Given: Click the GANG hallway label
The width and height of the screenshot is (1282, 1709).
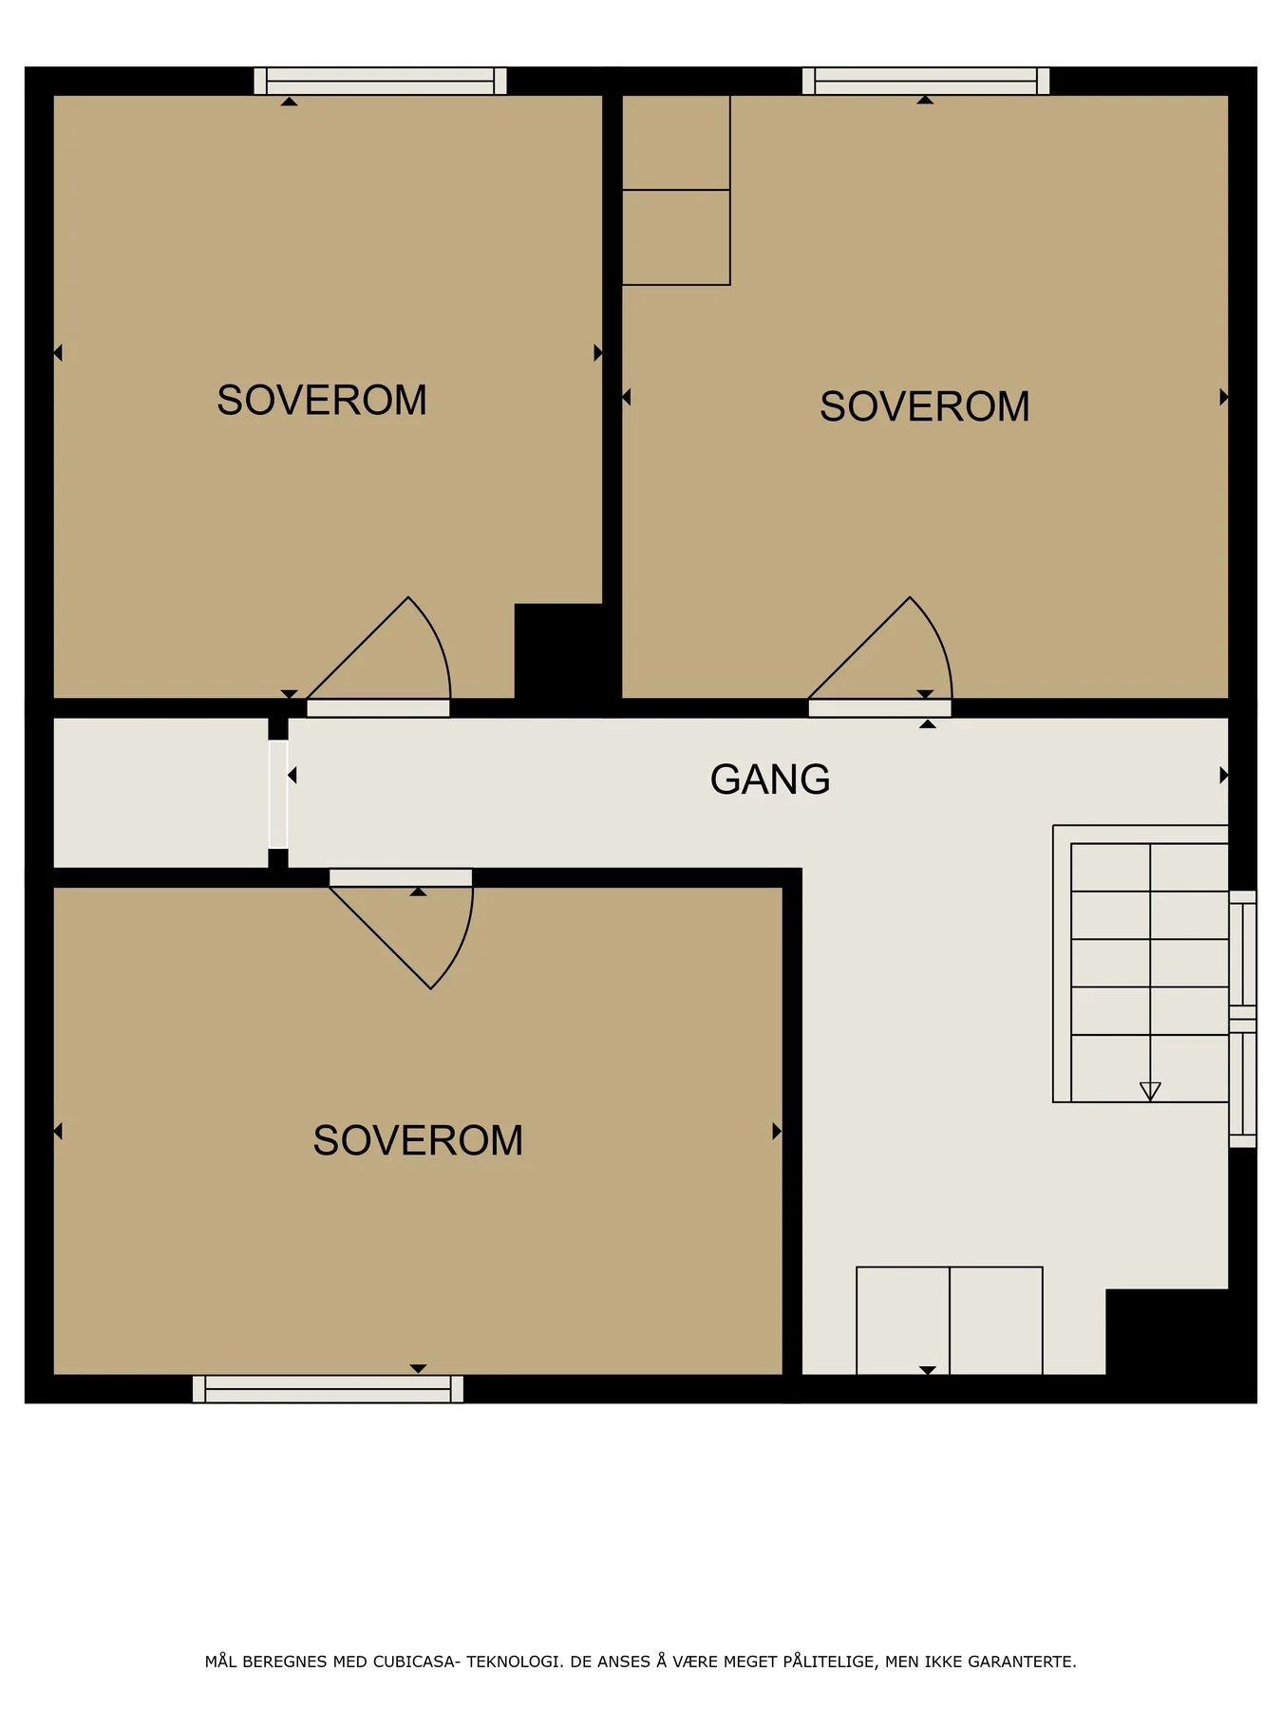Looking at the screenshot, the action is point(770,779).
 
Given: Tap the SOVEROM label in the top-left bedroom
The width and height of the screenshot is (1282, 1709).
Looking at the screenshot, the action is point(322,400).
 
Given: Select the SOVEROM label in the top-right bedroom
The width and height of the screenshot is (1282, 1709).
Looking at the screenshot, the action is point(925,406).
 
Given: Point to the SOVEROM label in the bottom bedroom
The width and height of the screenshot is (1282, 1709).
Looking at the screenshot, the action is point(418,1140).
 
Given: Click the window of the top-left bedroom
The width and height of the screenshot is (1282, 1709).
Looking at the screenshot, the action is point(380,81).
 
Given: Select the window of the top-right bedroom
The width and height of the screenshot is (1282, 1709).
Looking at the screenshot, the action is point(926,81).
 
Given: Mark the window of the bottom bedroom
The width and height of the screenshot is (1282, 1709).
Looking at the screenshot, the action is point(328,1389).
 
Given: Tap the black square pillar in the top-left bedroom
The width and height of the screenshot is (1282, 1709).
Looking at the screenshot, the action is point(558,651).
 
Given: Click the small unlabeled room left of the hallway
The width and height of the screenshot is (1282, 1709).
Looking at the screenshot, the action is point(160,793).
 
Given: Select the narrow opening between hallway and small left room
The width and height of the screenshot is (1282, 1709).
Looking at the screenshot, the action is point(278,794).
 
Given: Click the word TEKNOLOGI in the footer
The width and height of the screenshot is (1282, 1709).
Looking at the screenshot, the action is point(511,1662).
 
